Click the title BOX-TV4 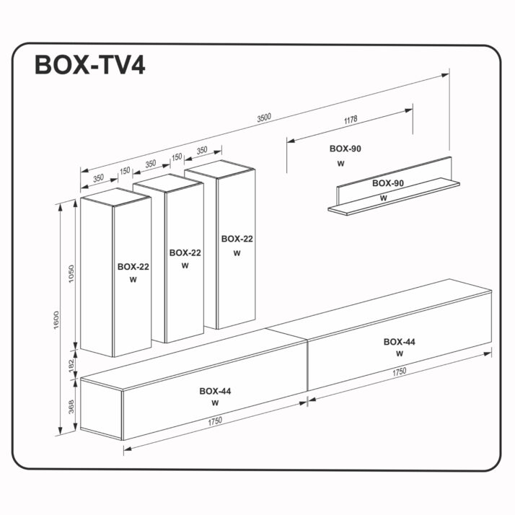tap(90, 64)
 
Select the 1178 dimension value tap(351, 120)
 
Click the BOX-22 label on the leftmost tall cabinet tap(133, 266)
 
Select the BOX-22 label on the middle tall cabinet tap(185, 252)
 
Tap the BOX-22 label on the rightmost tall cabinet tap(237, 239)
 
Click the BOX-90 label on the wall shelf tap(387, 183)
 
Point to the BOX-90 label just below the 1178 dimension tap(345, 149)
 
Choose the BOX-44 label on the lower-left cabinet tap(216, 391)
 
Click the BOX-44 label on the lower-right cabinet tap(399, 342)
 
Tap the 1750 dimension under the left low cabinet tap(214, 421)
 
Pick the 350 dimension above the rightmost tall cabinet tap(201, 150)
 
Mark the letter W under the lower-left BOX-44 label tap(215, 403)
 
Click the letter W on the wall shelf tap(383, 197)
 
